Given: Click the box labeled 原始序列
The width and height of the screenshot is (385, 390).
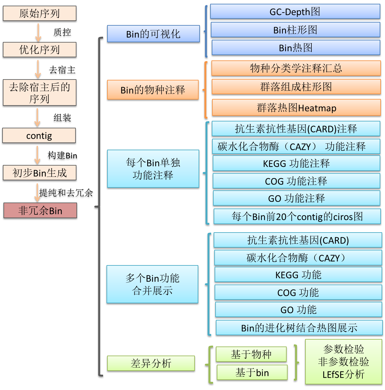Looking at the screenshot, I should click(39, 14).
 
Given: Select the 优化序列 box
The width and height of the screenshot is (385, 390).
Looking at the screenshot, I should click(39, 50).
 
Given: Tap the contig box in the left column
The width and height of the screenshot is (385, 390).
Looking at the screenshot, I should click(39, 136).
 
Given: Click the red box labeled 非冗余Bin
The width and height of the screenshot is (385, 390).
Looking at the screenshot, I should click(40, 211).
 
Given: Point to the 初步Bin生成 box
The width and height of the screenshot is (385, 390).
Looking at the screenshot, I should click(39, 173).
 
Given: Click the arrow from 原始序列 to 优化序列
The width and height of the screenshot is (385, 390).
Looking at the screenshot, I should click(38, 32).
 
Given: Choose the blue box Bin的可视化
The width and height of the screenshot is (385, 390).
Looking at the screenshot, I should click(153, 34).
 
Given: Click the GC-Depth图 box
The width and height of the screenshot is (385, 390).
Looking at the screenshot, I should click(295, 12).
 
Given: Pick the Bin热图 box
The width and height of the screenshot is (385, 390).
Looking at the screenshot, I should click(296, 48).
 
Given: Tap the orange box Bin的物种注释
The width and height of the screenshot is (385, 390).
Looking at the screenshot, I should click(153, 90).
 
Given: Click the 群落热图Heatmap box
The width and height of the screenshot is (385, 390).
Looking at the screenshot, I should click(296, 108).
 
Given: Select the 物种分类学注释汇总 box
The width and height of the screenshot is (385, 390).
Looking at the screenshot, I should click(296, 68).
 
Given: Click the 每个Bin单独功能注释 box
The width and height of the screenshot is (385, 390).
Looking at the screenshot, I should click(153, 169).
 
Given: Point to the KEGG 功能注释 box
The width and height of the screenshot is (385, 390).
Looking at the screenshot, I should click(296, 163).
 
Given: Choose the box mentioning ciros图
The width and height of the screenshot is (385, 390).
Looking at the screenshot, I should click(297, 217).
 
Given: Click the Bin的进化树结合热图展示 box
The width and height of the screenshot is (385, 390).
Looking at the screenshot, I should click(299, 328).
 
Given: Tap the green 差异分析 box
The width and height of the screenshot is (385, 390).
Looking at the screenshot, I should click(151, 364).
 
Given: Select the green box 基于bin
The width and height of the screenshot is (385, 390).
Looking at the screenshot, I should click(252, 373).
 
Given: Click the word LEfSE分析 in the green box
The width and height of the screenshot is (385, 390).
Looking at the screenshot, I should click(343, 374).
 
